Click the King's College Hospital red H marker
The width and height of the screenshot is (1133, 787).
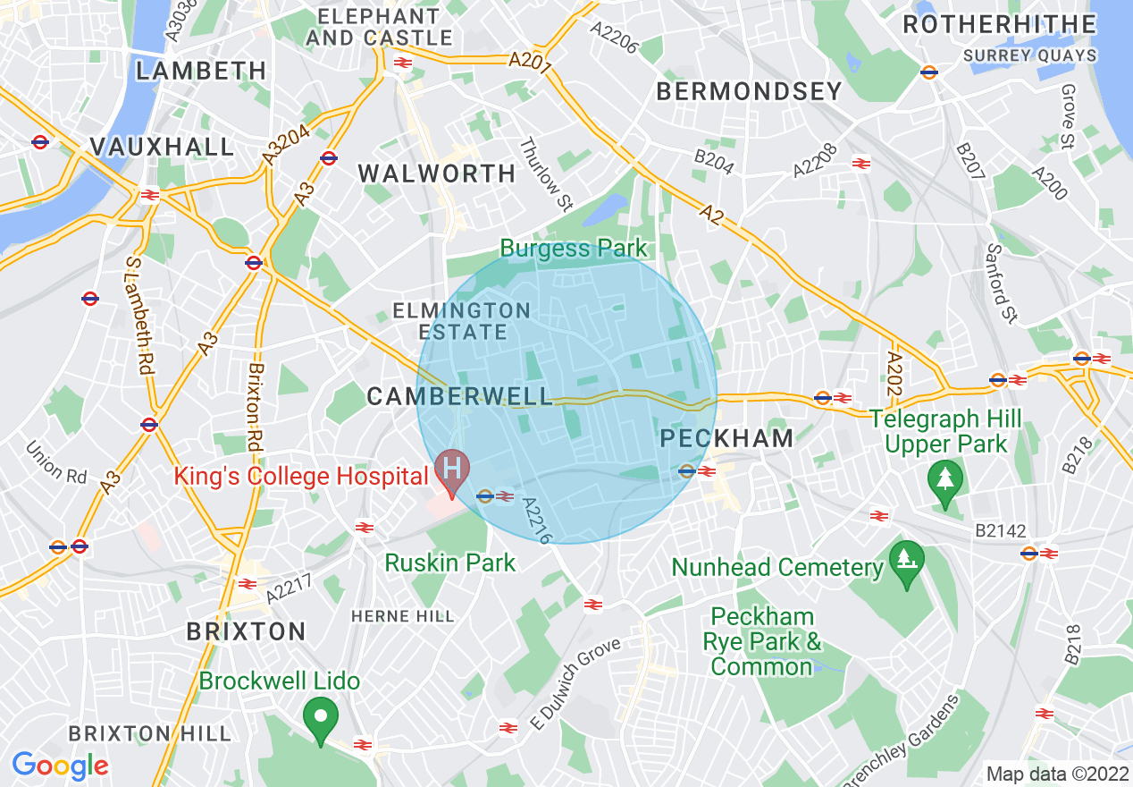pos(452,470)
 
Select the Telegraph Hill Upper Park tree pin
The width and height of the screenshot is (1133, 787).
pos(944,478)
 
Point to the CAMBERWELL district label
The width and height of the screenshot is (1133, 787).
pos(460,397)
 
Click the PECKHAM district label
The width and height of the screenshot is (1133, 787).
pos(726,438)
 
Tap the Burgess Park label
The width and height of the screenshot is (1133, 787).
pos(573,248)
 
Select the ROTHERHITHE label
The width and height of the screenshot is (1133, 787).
pos(999,24)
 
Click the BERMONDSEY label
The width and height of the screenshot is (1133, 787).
pos(749,91)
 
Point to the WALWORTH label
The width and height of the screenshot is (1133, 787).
pos(438,173)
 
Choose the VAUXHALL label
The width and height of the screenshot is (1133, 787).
pos(163,147)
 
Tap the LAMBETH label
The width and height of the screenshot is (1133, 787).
pos(201,71)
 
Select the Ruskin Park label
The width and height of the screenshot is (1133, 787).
pos(450,563)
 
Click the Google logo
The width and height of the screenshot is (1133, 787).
pos(60,766)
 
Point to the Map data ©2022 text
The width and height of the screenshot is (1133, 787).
pos(1056,773)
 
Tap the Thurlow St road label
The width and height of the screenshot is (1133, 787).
pos(545,174)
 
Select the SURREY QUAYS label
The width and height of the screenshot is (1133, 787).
pos(1029,55)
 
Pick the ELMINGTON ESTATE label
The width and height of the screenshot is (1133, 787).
pos(462,321)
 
